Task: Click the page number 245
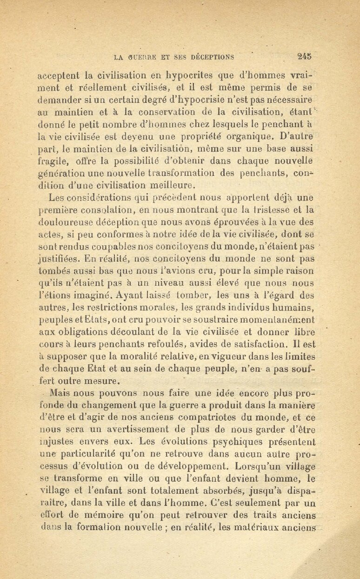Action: coord(304,57)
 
